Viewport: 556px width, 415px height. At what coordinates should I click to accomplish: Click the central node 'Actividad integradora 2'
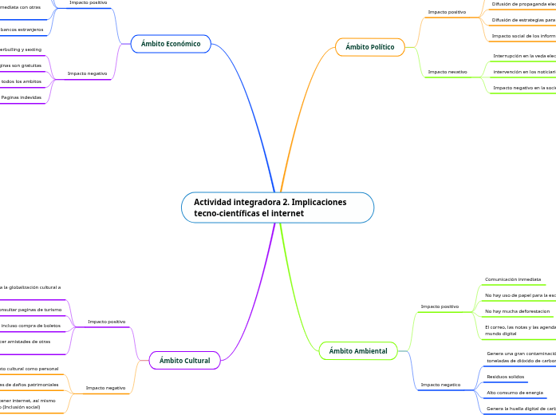point(277,207)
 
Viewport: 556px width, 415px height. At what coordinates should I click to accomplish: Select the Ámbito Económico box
point(171,44)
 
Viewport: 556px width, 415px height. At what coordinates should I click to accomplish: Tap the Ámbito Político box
point(369,47)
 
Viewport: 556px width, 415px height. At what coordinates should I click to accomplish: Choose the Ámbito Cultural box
point(184,361)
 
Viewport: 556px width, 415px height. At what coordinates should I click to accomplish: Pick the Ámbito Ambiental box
point(358,350)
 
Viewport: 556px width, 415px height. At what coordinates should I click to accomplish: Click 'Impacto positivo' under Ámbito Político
point(447,12)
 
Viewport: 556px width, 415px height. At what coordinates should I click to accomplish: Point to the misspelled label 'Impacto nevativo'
point(447,72)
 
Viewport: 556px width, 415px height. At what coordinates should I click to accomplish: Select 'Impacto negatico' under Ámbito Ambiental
point(440,385)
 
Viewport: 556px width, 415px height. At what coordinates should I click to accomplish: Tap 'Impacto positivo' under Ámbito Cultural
point(107,322)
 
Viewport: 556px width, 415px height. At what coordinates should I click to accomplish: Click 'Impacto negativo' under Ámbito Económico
point(87,73)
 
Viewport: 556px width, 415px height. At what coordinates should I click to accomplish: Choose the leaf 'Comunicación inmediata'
point(513,279)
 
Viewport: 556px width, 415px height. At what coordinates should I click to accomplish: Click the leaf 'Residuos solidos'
point(506,376)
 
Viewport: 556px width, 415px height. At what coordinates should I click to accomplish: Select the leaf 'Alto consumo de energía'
point(515,393)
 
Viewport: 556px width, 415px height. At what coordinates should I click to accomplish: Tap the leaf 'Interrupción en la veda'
point(524,56)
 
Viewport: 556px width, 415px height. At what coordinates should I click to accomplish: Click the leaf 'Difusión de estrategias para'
point(523,20)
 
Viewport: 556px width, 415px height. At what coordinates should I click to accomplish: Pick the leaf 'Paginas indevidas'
point(22,97)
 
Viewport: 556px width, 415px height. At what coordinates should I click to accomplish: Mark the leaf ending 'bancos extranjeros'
point(22,30)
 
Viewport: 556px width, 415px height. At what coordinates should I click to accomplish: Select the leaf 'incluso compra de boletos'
point(32,326)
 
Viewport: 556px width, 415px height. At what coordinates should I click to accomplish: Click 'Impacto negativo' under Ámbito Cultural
point(105,388)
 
